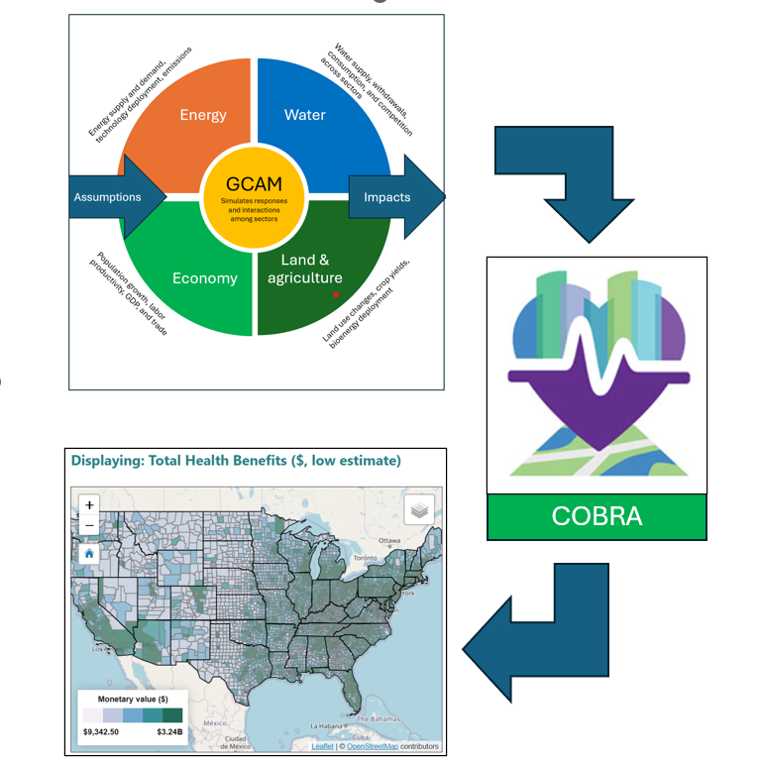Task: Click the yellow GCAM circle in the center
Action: coord(252,195)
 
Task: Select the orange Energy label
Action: coord(202,115)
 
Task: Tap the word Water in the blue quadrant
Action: coord(305,115)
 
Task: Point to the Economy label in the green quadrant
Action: coord(205,278)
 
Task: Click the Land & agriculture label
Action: coord(305,271)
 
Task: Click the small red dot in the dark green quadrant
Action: coord(336,295)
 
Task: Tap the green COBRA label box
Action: coord(596,516)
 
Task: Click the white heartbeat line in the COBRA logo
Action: coord(596,366)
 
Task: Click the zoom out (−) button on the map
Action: coord(89,525)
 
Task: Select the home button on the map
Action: coord(89,553)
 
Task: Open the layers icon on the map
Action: coord(419,509)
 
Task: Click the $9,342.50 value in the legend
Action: coord(103,732)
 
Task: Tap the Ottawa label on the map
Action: coord(387,541)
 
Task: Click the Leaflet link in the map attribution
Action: coord(322,746)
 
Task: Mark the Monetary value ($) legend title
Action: coord(135,699)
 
